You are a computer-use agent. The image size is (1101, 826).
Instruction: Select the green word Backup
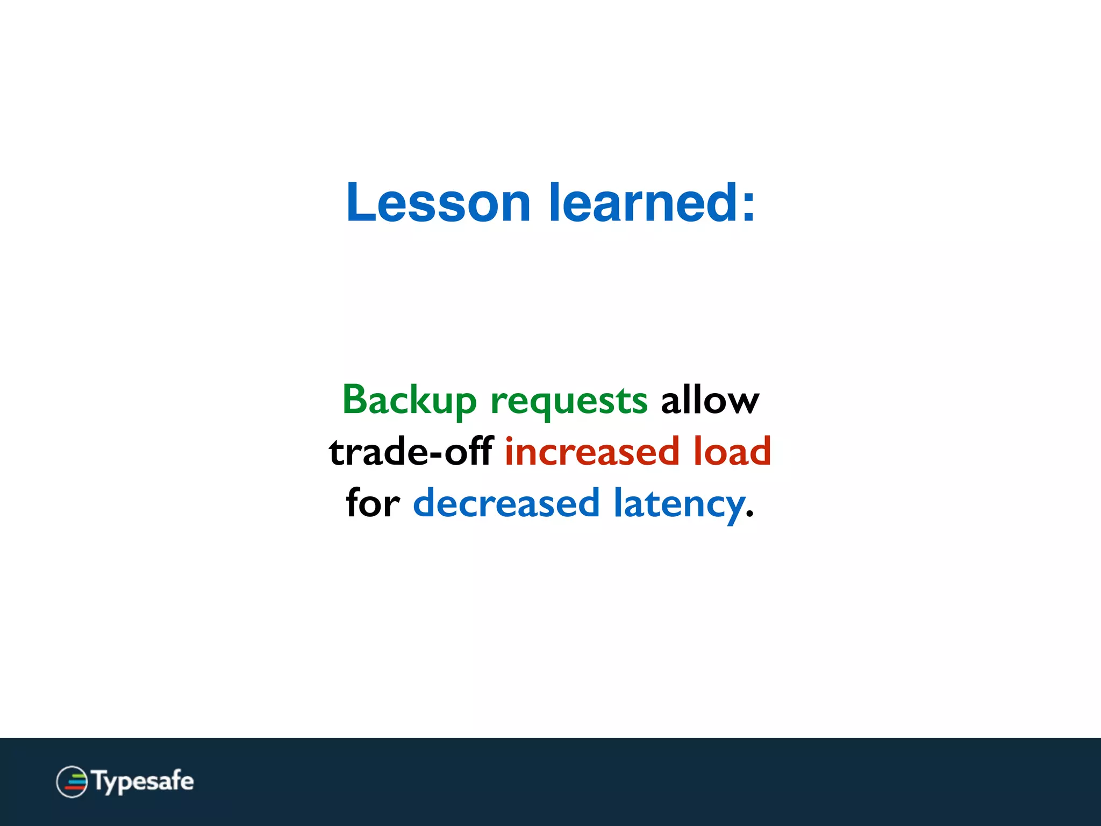[409, 401]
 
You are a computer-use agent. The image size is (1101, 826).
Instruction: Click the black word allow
[710, 401]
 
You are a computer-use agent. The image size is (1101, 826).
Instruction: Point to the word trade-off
[411, 452]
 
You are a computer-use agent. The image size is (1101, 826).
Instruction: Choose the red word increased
[592, 452]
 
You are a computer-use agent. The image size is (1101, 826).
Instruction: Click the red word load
[732, 452]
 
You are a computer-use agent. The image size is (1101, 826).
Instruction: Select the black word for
[373, 503]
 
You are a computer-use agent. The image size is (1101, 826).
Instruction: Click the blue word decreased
[506, 503]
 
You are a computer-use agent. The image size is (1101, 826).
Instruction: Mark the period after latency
[750, 515]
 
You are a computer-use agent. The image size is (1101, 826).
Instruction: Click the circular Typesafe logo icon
[72, 781]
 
